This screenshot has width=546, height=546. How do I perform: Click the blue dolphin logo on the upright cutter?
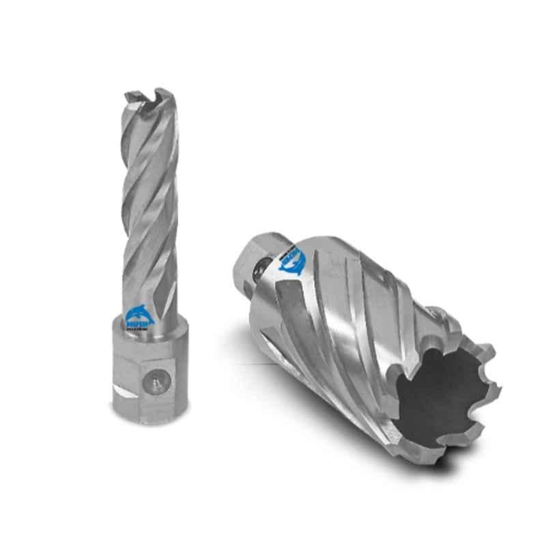click(140, 315)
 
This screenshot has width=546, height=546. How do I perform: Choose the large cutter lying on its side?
click(369, 341)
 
